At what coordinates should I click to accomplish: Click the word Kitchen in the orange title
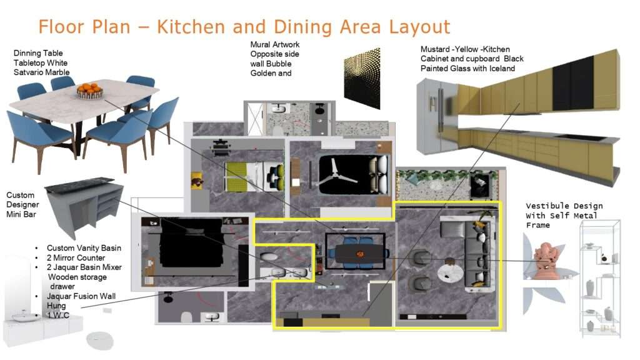click(x=191, y=27)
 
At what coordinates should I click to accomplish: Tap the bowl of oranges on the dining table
click(x=89, y=91)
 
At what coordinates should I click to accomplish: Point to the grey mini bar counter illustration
click(x=84, y=206)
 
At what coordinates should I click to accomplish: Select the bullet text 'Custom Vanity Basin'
click(x=84, y=248)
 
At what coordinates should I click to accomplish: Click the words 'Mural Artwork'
click(x=275, y=44)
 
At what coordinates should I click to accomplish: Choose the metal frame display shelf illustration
click(x=600, y=279)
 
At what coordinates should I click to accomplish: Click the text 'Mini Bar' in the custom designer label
click(x=21, y=214)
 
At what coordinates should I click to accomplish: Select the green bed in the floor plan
click(x=236, y=176)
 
